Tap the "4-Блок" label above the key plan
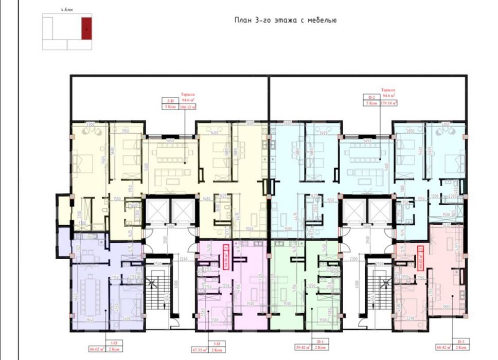pyautogui.click(x=66, y=10)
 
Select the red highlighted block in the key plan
pyautogui.click(x=86, y=28)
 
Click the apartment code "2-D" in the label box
pyautogui.click(x=170, y=101)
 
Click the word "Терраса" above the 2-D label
pyautogui.click(x=187, y=95)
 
